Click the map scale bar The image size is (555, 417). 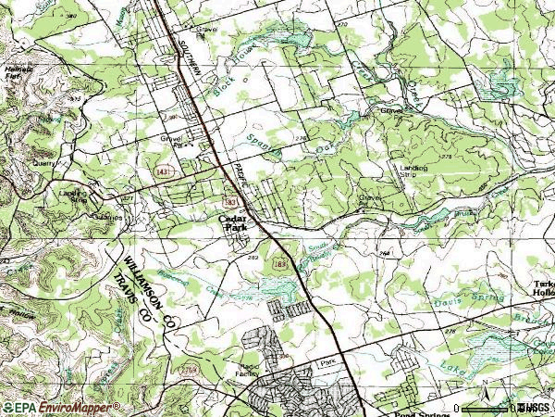(x=486, y=409)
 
